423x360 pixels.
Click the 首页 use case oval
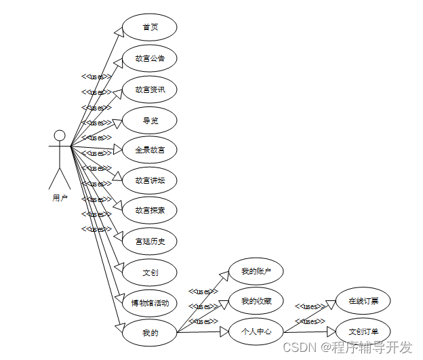coord(150,27)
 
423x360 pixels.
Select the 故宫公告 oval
coord(150,58)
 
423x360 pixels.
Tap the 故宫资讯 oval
coord(150,89)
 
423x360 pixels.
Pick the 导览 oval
coord(150,120)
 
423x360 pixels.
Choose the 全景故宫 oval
coord(150,150)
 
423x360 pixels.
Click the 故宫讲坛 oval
coord(150,180)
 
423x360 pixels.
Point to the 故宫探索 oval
coord(150,210)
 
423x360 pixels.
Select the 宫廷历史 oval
coord(150,241)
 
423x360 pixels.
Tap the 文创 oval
coord(150,273)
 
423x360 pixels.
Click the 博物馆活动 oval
coord(150,302)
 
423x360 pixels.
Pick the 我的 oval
coord(150,333)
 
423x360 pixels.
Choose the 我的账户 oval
coord(256,271)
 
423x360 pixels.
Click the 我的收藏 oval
coord(256,300)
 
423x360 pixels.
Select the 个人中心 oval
coord(256,332)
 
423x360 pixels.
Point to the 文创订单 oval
coord(363,332)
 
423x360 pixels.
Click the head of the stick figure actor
coord(60,135)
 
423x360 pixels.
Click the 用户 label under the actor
coord(60,198)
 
